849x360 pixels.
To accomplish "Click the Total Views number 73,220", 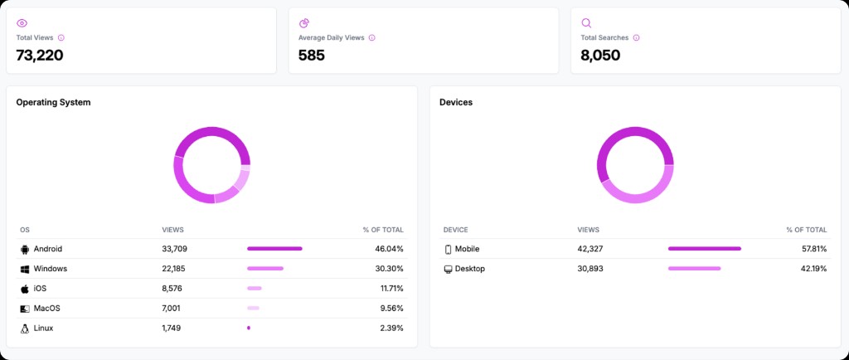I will click(40, 56).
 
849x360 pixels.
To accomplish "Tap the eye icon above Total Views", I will click(22, 23).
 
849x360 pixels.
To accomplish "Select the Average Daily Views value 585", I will click(312, 56).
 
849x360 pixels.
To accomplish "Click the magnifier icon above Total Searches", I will click(586, 23).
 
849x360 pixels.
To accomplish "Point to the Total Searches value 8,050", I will click(600, 56).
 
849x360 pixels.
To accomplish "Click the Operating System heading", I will click(53, 102).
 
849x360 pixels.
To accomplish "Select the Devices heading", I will click(456, 102).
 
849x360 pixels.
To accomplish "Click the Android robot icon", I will click(24, 249).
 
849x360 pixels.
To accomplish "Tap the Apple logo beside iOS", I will click(24, 289).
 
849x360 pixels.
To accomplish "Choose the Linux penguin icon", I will click(24, 328).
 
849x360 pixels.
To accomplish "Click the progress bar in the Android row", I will click(274, 249).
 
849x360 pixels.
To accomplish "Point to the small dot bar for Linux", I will click(249, 328).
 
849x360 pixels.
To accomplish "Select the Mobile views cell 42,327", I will click(594, 249).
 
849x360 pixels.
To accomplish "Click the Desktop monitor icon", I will click(448, 269).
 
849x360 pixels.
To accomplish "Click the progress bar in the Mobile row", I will click(704, 249).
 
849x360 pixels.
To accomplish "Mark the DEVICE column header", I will click(456, 229).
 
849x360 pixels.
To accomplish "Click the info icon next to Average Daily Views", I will click(371, 37).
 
